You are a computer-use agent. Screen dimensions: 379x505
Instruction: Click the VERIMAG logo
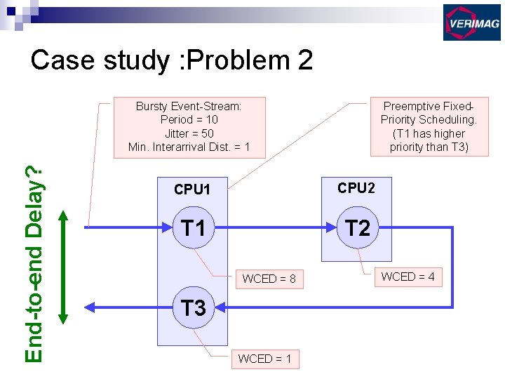click(x=471, y=22)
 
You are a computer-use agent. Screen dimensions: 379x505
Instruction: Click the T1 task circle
click(x=193, y=228)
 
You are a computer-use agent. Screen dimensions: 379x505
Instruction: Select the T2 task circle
click(x=357, y=228)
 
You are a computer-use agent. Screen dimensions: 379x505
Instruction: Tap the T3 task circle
click(x=194, y=307)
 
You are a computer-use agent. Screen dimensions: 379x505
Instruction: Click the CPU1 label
click(x=192, y=189)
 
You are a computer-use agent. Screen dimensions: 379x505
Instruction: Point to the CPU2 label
click(x=356, y=188)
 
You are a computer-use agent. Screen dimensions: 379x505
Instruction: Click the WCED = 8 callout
click(x=269, y=279)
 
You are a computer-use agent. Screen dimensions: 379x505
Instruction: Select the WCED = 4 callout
click(x=408, y=277)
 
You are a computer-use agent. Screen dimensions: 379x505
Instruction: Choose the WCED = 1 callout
click(x=264, y=359)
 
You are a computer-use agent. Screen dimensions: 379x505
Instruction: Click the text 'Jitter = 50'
click(x=189, y=133)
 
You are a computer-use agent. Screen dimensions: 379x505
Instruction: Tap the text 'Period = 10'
click(x=189, y=120)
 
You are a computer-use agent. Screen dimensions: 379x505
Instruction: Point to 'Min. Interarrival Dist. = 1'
click(x=189, y=147)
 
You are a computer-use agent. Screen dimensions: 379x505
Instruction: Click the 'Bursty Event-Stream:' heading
click(x=189, y=107)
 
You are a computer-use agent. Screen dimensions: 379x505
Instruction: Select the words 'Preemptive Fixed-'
click(x=429, y=107)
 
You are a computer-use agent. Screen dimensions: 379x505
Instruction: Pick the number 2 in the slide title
click(x=304, y=60)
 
